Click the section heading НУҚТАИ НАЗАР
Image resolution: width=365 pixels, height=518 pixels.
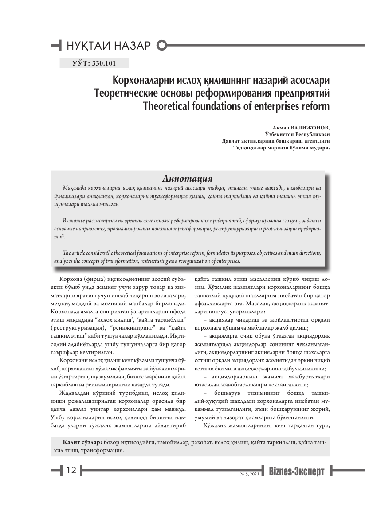tap(108, 46)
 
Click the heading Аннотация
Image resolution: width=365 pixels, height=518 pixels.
tap(188, 179)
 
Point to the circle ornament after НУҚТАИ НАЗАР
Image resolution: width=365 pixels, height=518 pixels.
tap(162, 45)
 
